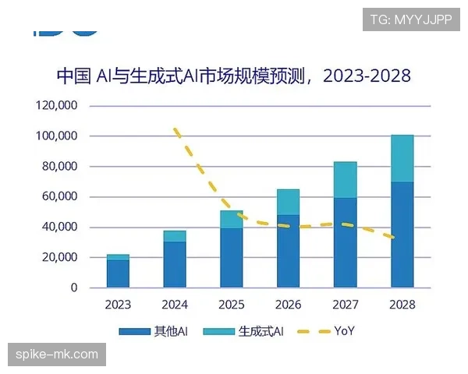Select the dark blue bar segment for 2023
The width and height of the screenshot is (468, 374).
click(x=119, y=273)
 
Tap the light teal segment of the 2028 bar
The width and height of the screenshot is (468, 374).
click(x=402, y=158)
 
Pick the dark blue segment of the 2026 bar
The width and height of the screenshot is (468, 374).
click(x=289, y=251)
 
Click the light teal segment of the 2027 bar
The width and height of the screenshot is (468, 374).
click(x=345, y=179)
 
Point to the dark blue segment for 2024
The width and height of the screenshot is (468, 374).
click(x=175, y=264)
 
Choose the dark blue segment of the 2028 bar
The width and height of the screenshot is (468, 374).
click(x=402, y=235)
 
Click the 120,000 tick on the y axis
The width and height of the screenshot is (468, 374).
click(x=57, y=105)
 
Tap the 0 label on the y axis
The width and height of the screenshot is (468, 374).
click(x=75, y=288)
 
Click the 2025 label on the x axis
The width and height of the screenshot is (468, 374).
click(x=232, y=305)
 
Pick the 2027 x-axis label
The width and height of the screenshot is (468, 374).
click(x=345, y=305)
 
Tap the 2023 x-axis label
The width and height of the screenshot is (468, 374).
click(x=119, y=305)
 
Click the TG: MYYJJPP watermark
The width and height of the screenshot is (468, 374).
click(x=410, y=18)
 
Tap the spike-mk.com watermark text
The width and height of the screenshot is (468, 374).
click(x=57, y=355)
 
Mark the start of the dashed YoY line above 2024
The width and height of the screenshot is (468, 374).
click(x=175, y=129)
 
